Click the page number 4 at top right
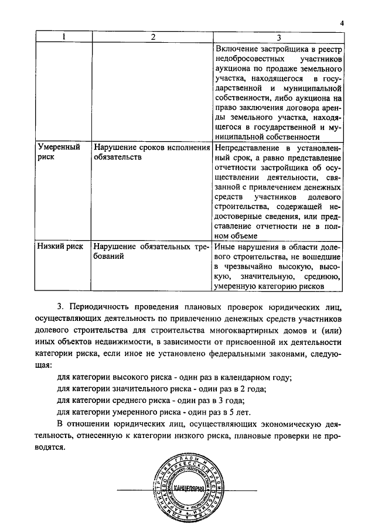click(341, 24)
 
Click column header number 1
click(64, 37)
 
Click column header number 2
click(153, 37)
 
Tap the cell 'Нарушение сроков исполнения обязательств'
click(151, 152)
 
